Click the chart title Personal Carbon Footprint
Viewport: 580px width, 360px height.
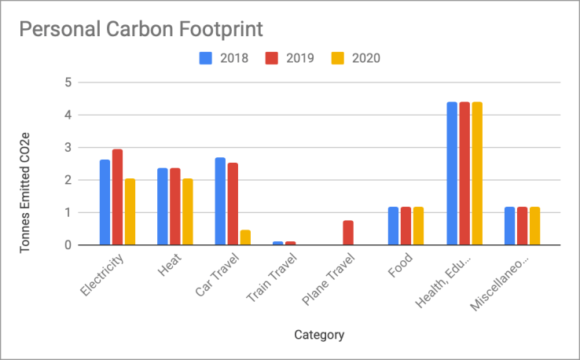[140, 29]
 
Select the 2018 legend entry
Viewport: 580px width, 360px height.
[225, 58]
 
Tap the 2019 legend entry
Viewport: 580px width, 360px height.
[290, 58]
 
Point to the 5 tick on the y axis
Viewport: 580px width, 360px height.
[68, 82]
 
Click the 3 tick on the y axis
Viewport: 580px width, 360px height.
[68, 147]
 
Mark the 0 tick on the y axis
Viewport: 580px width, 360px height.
[68, 245]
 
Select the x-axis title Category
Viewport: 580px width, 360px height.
[319, 335]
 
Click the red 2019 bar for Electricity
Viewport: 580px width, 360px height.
[117, 197]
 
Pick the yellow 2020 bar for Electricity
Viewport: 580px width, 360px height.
[130, 211]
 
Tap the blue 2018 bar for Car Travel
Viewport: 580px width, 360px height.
[221, 201]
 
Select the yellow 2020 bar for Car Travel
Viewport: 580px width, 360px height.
[245, 237]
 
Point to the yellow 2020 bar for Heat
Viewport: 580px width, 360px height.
[188, 211]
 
